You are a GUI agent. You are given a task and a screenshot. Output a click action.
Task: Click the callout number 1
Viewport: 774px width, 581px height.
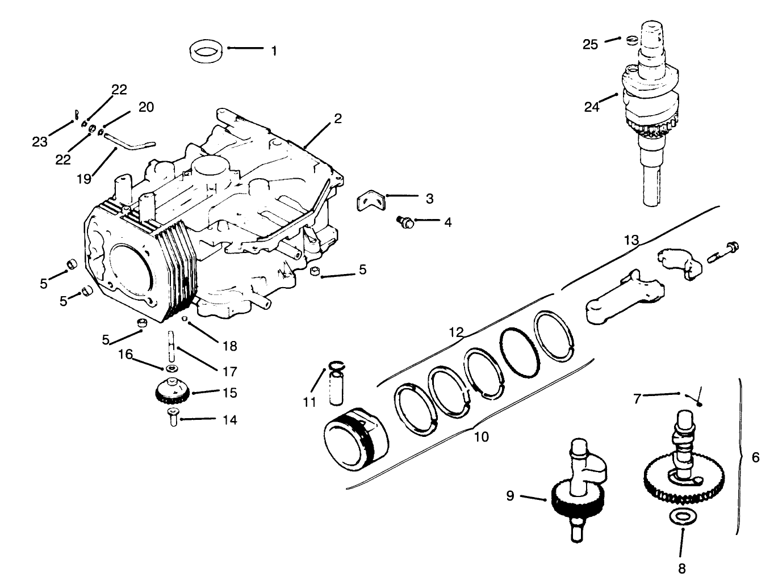274,51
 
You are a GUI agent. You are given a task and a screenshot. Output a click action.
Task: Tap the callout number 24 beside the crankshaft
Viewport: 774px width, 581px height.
592,106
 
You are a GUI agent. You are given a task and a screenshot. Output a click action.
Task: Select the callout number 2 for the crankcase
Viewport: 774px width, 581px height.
338,119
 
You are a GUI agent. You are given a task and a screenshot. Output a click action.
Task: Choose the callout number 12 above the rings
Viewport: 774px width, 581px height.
457,331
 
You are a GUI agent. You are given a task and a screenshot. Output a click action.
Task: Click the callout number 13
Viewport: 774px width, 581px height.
631,241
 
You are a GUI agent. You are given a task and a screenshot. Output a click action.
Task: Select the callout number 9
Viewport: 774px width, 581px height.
510,496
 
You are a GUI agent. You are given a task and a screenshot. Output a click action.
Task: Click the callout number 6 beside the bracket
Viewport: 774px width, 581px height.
755,457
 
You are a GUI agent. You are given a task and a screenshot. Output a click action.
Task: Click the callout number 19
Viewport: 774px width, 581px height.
85,179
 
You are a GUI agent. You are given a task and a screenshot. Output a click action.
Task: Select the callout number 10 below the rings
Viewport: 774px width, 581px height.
481,437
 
